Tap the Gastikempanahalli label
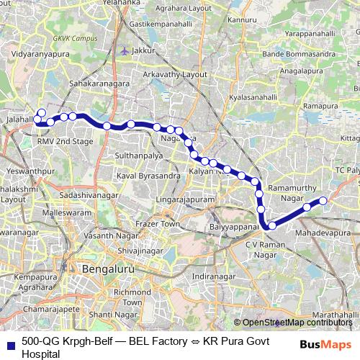coord(161,24)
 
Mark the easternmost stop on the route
coord(323,200)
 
